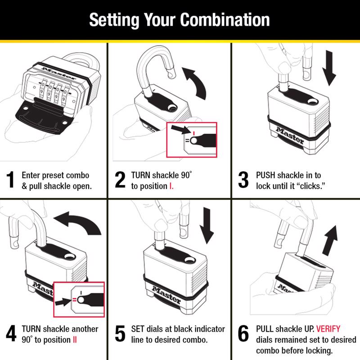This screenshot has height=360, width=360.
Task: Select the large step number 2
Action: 120,180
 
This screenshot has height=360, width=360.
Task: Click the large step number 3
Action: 243,180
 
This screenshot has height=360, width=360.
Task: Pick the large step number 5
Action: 120,335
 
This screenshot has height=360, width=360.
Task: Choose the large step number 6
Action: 243,335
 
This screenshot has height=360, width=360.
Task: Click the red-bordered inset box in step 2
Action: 192,139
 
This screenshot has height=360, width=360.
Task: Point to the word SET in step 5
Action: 138,329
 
